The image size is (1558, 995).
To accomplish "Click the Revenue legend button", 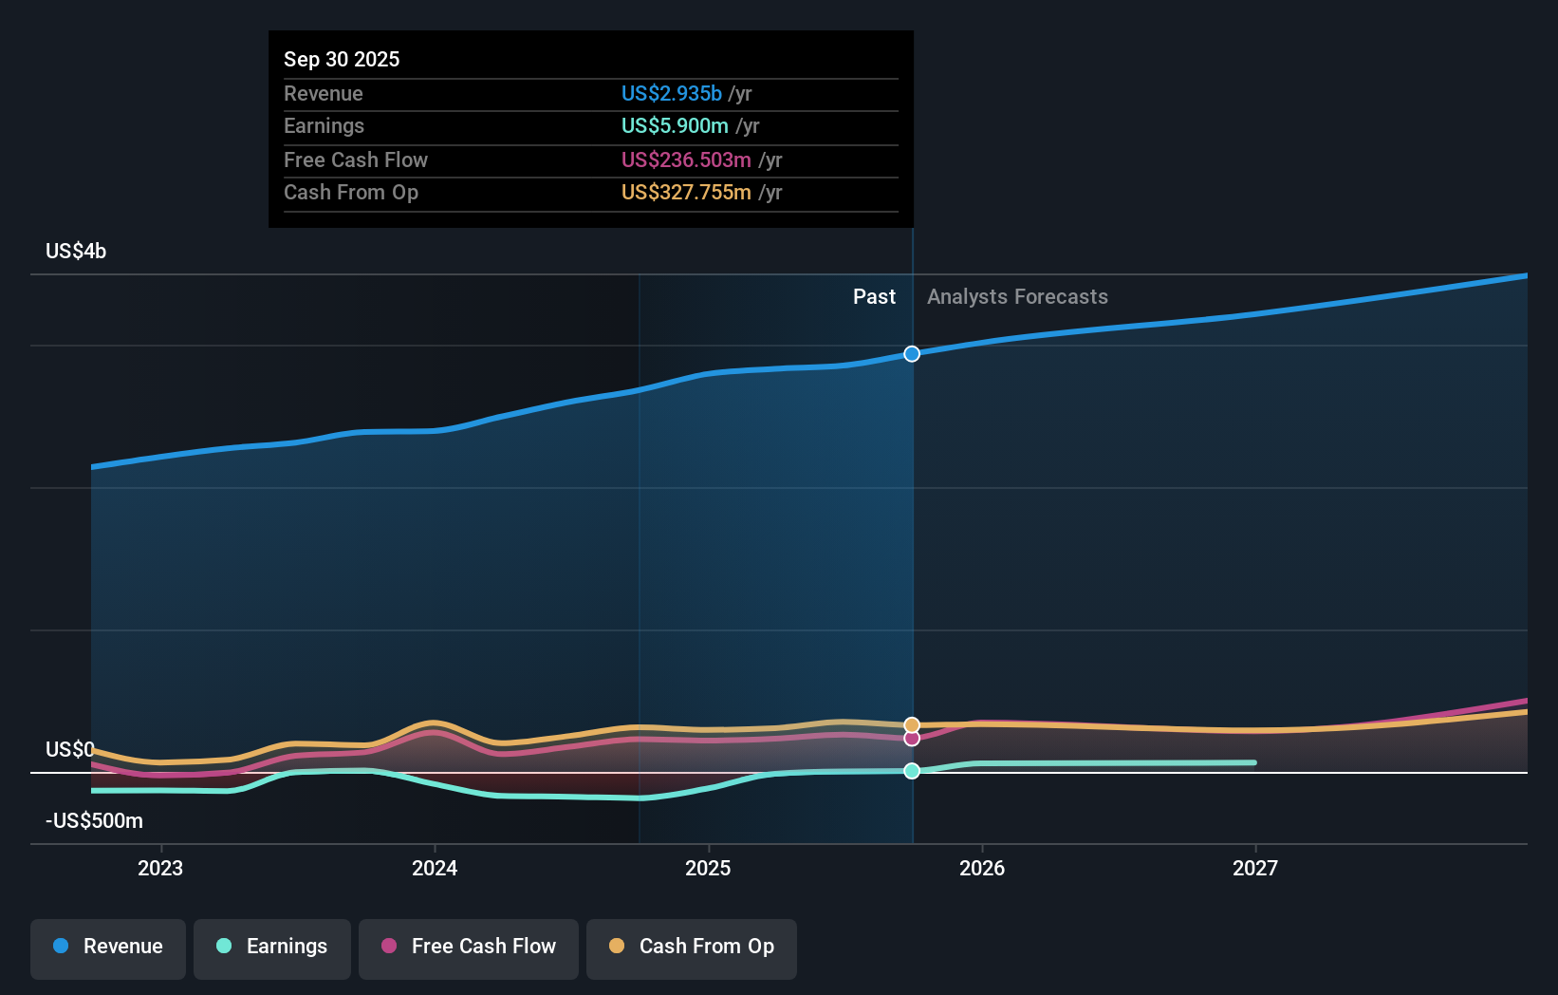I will (108, 947).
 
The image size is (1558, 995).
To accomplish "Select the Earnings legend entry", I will (272, 947).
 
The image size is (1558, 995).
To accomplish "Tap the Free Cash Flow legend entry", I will (469, 947).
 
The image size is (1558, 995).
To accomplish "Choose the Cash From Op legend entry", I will (692, 947).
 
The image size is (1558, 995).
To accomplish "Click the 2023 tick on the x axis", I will (160, 868).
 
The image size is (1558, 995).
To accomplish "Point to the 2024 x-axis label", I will (435, 868).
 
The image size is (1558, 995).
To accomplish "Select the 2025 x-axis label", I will (708, 868).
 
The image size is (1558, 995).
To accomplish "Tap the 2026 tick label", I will (982, 868).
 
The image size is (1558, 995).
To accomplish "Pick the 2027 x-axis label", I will (1255, 868).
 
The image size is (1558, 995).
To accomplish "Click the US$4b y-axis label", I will (76, 252).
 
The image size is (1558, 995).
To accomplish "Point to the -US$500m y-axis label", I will (94, 821).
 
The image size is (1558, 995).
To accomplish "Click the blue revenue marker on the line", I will (912, 354).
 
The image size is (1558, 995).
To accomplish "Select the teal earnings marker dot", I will (912, 771).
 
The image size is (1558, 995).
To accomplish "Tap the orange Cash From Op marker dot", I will (912, 725).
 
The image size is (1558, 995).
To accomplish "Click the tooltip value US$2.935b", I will (671, 94).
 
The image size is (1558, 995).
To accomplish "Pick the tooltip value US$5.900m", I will (675, 126).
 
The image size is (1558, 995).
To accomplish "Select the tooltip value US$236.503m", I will (686, 160).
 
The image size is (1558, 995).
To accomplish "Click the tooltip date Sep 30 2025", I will (342, 60).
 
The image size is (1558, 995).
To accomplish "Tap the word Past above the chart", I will (874, 297).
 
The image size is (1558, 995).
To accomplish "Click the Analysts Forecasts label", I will (1017, 297).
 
